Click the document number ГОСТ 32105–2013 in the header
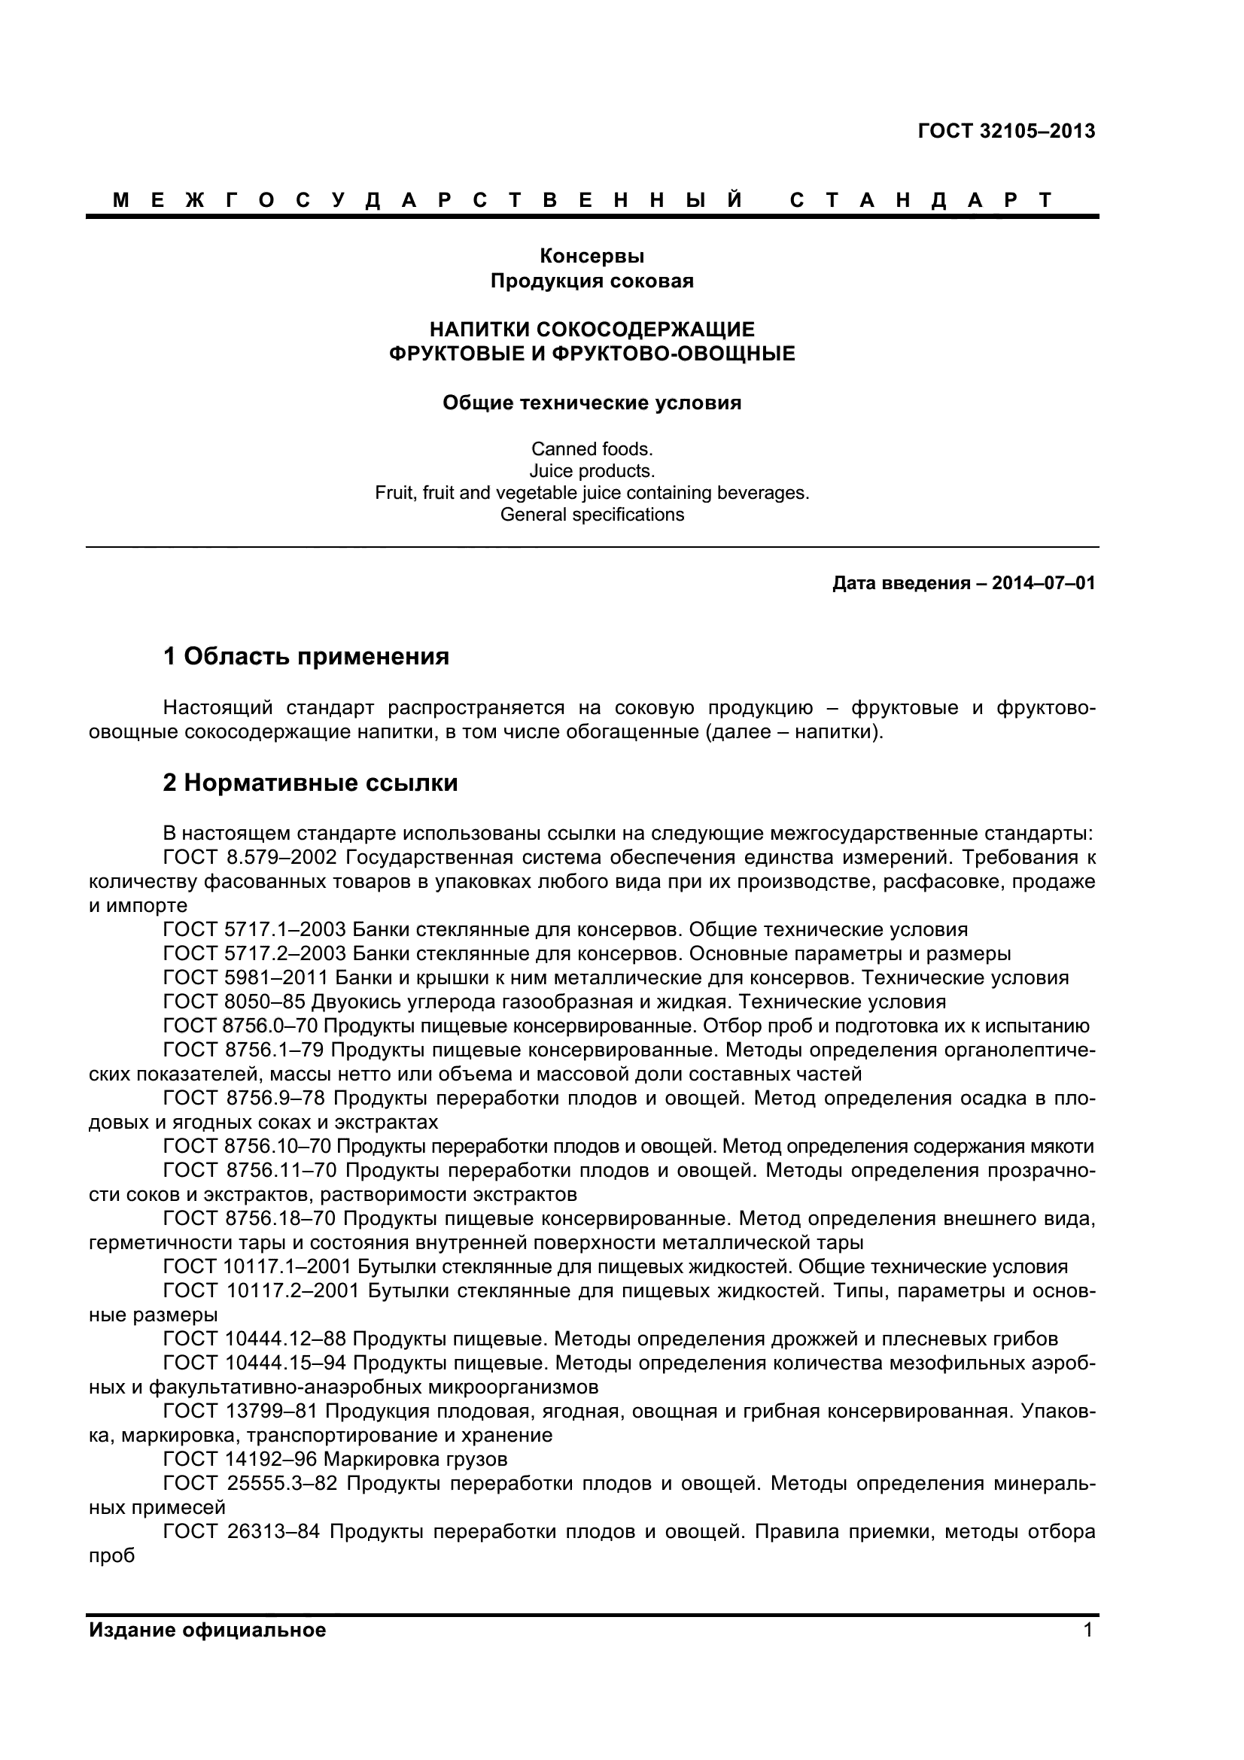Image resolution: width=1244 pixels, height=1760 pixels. click(1005, 131)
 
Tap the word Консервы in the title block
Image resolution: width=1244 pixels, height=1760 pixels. click(592, 256)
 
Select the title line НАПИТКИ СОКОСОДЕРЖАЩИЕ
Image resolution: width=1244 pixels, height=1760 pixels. click(592, 330)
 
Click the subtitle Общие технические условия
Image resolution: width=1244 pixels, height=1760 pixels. click(592, 403)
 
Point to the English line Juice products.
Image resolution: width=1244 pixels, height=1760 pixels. click(592, 470)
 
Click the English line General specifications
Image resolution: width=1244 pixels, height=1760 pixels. click(592, 515)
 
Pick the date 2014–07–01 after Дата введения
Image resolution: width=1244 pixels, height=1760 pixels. click(1043, 583)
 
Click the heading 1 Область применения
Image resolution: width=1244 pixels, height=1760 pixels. click(306, 656)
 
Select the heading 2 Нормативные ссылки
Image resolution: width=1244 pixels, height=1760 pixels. click(310, 783)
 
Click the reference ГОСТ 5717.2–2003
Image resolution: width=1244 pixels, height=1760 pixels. click(254, 954)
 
